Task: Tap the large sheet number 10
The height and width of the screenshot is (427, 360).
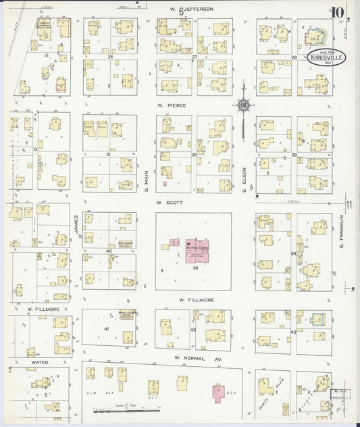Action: (337, 11)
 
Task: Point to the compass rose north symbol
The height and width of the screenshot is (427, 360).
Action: (242, 105)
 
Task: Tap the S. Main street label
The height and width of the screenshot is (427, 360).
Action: (147, 182)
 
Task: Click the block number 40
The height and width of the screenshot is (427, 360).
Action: (108, 251)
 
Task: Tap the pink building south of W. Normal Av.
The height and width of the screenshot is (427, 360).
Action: (218, 391)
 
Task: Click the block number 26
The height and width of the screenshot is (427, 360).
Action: (110, 57)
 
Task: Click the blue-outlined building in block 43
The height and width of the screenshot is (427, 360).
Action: (316, 318)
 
